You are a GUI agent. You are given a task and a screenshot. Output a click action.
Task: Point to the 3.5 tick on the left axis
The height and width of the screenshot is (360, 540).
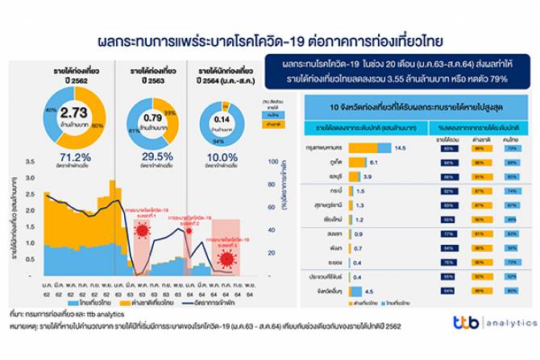tap(29, 163)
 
